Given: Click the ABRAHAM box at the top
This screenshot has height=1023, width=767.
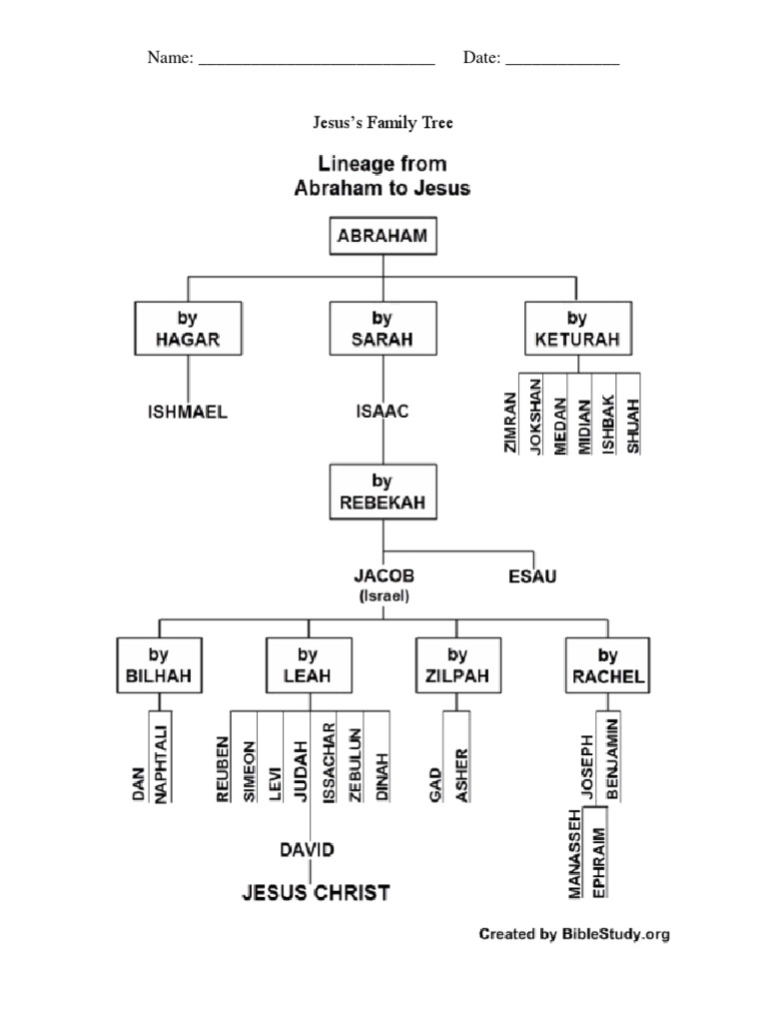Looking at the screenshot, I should [383, 238].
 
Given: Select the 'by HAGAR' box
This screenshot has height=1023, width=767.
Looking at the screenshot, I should [188, 329].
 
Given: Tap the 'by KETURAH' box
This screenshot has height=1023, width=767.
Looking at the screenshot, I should [577, 329].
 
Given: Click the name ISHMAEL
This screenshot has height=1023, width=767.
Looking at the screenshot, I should [188, 412].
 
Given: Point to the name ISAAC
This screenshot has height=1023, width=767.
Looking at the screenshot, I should [383, 411].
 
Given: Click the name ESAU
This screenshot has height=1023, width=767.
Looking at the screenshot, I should [532, 576].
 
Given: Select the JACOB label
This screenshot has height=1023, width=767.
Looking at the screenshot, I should [383, 576].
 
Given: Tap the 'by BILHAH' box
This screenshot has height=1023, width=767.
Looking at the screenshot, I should [158, 665].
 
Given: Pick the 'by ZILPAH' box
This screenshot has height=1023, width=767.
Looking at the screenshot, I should [457, 665].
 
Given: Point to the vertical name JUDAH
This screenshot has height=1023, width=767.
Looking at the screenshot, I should [299, 770].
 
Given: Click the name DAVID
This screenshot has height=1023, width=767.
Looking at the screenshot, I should [307, 850].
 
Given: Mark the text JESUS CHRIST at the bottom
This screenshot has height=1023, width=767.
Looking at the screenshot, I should [316, 892].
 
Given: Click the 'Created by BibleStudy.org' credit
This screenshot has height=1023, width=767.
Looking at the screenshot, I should [574, 935].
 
